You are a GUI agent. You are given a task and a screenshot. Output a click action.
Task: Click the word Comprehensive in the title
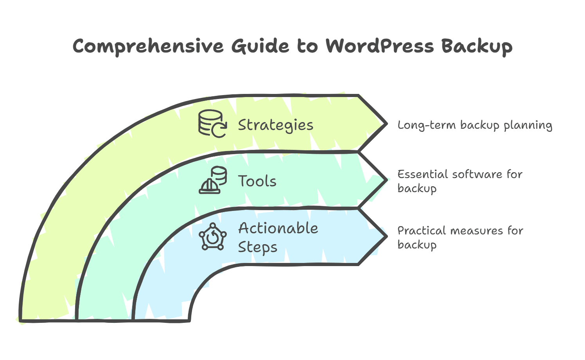pyautogui.click(x=148, y=47)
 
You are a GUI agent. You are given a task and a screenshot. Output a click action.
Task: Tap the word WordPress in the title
pyautogui.click(x=380, y=46)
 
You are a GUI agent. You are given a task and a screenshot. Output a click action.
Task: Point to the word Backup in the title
pyautogui.click(x=477, y=47)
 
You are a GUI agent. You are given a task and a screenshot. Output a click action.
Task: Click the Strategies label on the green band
pyautogui.click(x=276, y=125)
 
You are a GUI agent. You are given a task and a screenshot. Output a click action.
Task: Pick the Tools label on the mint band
pyautogui.click(x=257, y=181)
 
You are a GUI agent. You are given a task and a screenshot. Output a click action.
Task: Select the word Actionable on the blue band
pyautogui.click(x=278, y=229)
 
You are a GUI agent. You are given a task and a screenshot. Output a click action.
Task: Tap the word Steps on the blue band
pyautogui.click(x=257, y=247)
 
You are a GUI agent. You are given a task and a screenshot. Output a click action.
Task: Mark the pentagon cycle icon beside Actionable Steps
pyautogui.click(x=213, y=237)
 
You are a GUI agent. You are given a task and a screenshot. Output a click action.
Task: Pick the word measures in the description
pyautogui.click(x=477, y=230)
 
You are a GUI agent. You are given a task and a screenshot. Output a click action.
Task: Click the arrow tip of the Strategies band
pyautogui.click(x=385, y=124)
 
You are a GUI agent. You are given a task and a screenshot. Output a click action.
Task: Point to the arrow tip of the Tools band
pyautogui.click(x=385, y=180)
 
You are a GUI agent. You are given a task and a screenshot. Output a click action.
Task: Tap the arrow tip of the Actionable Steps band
pyautogui.click(x=385, y=236)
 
